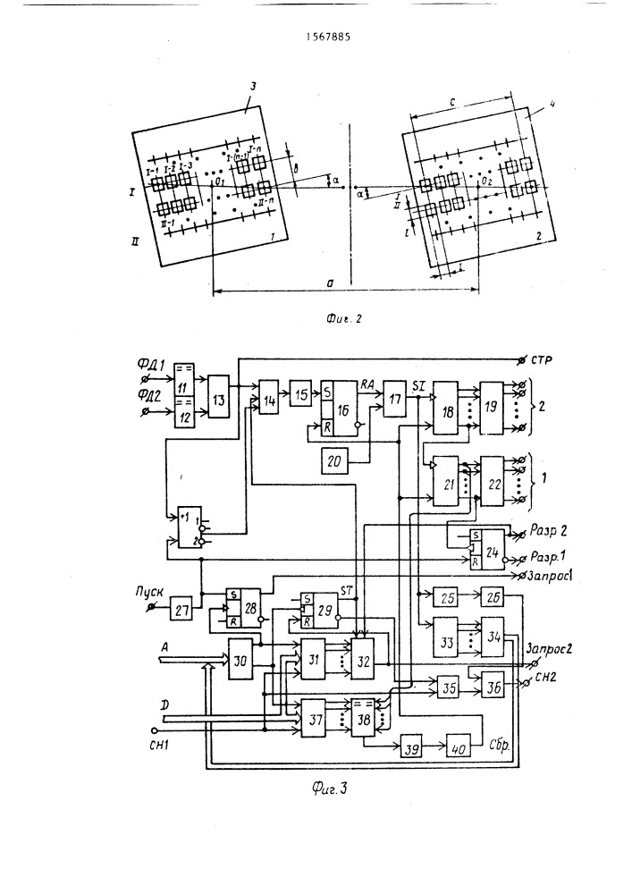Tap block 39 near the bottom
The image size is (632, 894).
[x=411, y=745]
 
